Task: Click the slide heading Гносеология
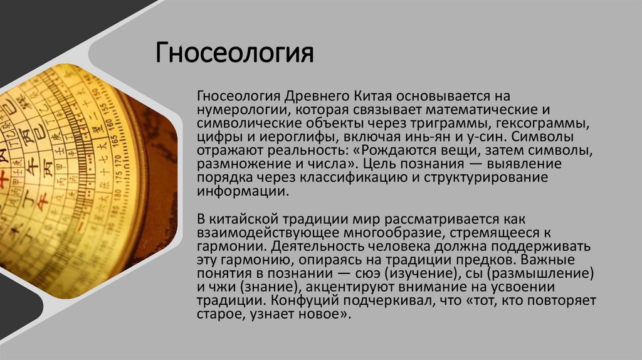[x=234, y=52]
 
